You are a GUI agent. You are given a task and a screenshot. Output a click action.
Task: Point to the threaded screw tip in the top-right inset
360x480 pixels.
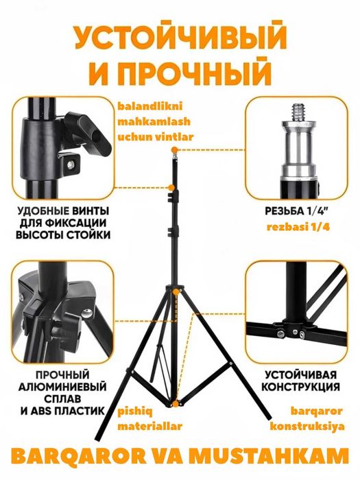(299, 110)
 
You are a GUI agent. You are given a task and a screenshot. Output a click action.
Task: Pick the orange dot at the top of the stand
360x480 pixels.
(176, 149)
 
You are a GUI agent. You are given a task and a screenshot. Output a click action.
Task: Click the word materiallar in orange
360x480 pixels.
(149, 426)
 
